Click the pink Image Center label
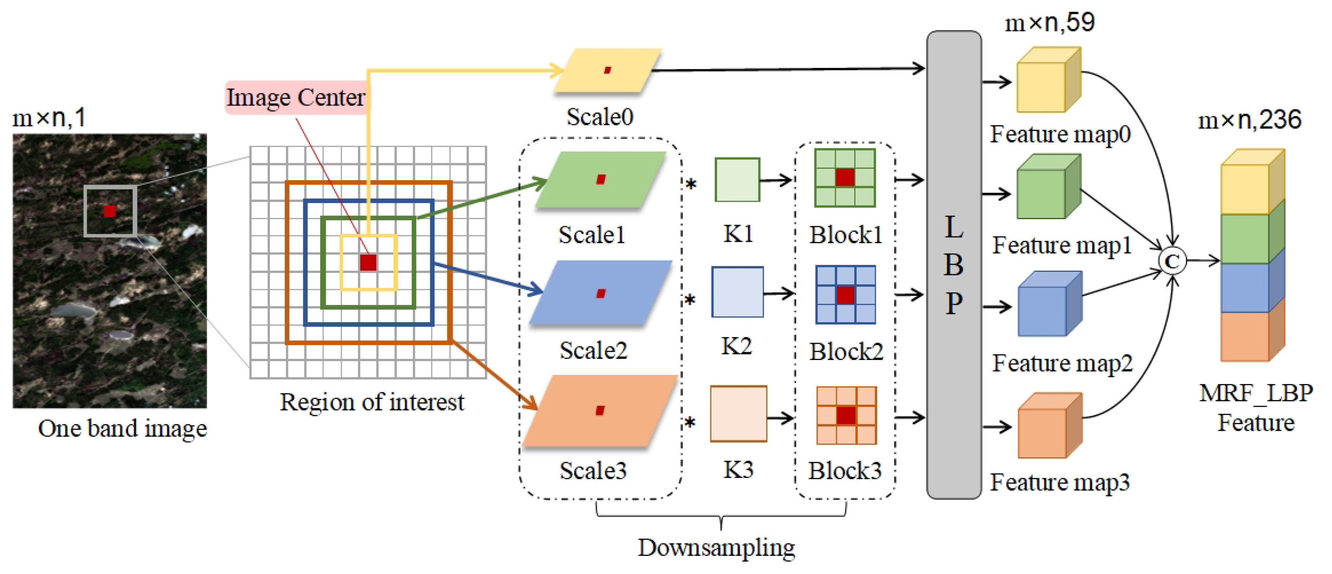[x=296, y=97]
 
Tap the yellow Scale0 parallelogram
[x=607, y=70]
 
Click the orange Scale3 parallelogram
[x=600, y=410]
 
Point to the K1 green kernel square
[x=737, y=180]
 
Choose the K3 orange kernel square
[x=738, y=413]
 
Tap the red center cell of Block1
[x=844, y=177]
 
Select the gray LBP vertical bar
[x=954, y=264]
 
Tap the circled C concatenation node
[x=1172, y=261]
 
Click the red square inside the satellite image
[x=109, y=210]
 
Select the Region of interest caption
[x=371, y=402]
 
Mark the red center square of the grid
[x=368, y=262]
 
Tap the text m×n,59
[x=1049, y=22]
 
